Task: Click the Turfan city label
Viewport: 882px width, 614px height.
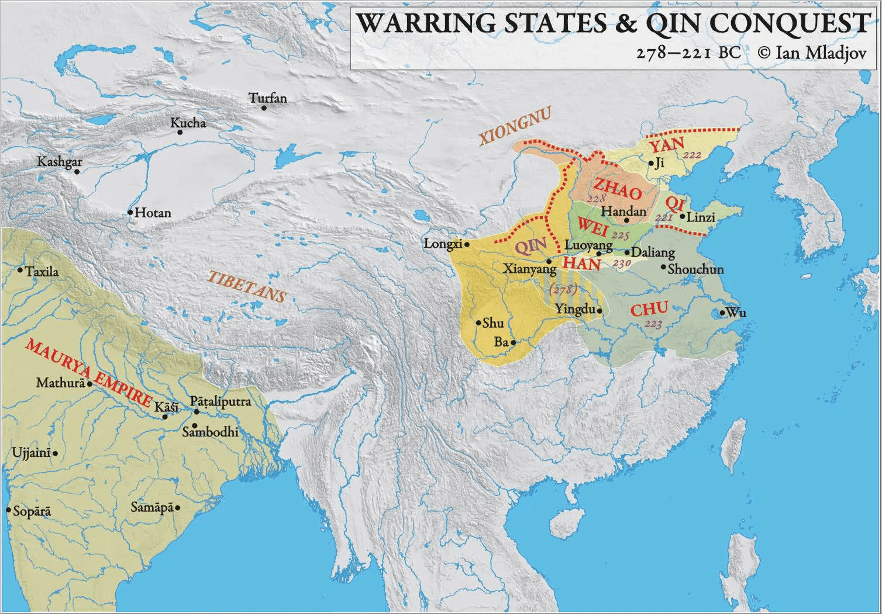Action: click(x=268, y=98)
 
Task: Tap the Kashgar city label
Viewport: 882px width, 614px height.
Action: click(x=60, y=162)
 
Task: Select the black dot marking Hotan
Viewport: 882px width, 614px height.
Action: click(x=130, y=213)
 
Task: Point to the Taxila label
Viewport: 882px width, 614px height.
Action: click(x=42, y=272)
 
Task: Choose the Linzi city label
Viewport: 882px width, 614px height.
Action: click(x=701, y=217)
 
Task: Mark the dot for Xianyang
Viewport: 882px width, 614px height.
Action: click(x=548, y=261)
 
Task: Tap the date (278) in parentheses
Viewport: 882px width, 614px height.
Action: click(x=563, y=289)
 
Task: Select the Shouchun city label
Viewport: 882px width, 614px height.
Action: click(x=695, y=269)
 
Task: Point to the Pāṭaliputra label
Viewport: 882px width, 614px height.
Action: click(x=220, y=402)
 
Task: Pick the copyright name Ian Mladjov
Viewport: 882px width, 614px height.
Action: click(x=822, y=52)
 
